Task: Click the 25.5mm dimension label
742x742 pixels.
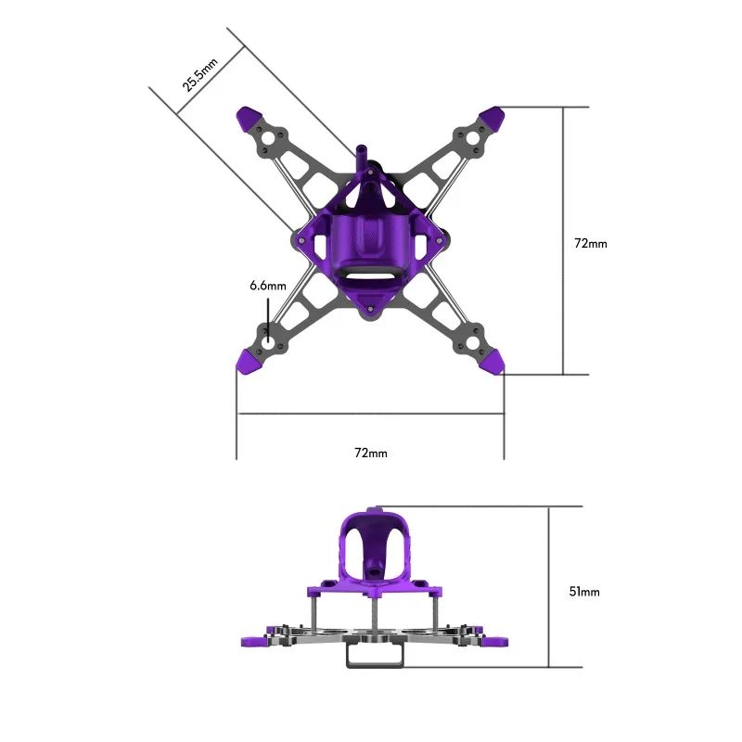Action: [199, 75]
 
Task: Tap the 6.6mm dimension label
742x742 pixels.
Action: [268, 286]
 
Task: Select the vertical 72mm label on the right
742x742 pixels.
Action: [591, 243]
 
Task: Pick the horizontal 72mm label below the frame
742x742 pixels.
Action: [371, 453]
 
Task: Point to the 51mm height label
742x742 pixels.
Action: [584, 592]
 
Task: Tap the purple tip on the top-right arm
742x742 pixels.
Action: [493, 119]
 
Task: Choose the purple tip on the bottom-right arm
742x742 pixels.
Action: [493, 362]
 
